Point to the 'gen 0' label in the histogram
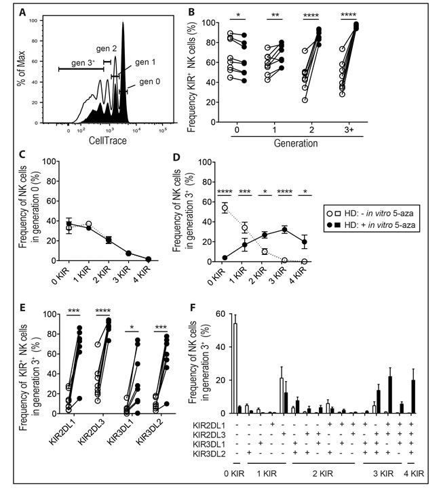pos(152,82)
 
